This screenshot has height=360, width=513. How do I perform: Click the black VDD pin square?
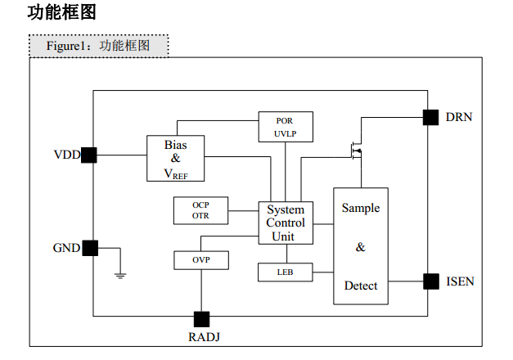click(x=89, y=155)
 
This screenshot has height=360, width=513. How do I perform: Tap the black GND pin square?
click(x=90, y=248)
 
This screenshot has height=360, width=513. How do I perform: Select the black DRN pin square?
click(x=430, y=118)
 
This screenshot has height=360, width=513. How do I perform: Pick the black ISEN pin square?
click(x=431, y=281)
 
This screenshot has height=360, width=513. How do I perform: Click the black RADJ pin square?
click(x=201, y=319)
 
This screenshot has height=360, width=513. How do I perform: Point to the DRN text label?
click(x=459, y=117)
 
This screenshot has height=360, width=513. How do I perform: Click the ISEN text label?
click(x=460, y=281)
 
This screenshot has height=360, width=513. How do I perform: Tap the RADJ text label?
click(x=205, y=337)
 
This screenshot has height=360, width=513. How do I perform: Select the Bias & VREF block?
click(x=176, y=159)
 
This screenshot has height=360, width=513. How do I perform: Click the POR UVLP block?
click(x=286, y=127)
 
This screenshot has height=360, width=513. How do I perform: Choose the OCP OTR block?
click(x=201, y=210)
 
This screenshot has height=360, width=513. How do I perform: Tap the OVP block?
click(x=201, y=260)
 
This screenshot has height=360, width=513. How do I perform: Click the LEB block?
click(x=286, y=272)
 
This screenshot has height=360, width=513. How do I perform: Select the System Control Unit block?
click(x=286, y=223)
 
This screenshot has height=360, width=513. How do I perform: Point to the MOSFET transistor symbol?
click(x=357, y=151)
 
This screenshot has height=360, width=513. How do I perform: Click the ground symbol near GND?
click(x=120, y=275)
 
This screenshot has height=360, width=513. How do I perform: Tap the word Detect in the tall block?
click(x=361, y=286)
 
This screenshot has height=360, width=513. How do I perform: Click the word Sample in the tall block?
click(x=361, y=209)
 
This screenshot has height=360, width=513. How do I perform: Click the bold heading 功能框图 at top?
click(x=62, y=13)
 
